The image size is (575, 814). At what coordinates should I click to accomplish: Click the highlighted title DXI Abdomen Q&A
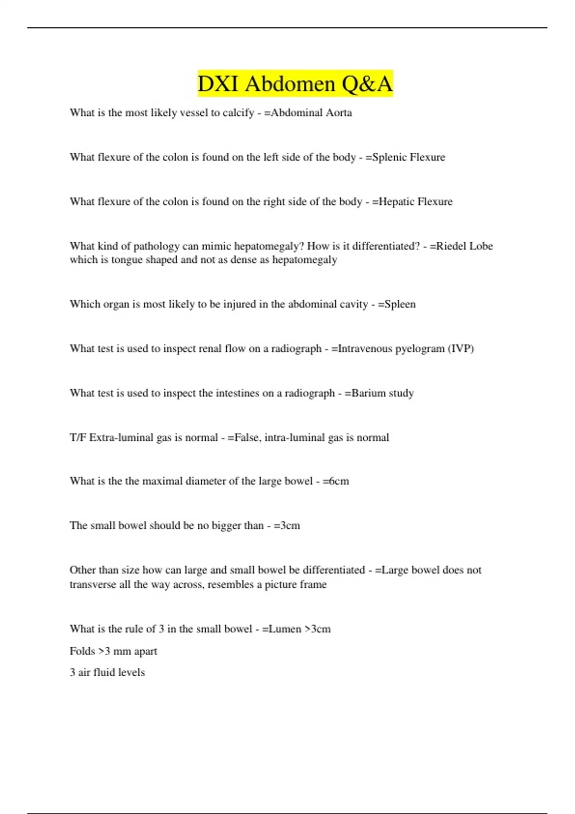tap(295, 84)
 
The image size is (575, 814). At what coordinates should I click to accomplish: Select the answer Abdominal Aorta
tap(311, 113)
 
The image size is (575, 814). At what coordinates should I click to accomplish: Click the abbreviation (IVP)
tap(460, 349)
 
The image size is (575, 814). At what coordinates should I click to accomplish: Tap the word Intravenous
tap(365, 349)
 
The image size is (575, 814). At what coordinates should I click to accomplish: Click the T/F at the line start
tap(78, 438)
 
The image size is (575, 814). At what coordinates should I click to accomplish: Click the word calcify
tap(238, 113)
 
